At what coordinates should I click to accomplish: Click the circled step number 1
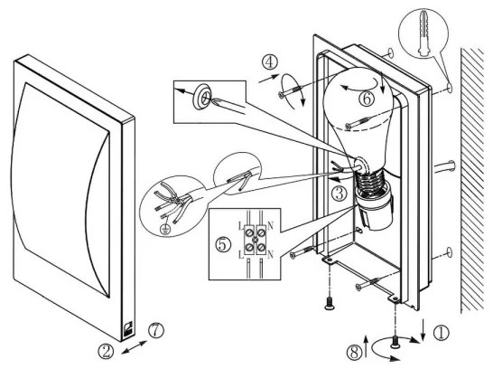click(442, 333)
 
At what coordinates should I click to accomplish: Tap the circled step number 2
click(106, 350)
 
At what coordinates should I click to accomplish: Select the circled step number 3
click(339, 194)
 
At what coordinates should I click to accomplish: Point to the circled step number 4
click(270, 62)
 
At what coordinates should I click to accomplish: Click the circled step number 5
click(223, 244)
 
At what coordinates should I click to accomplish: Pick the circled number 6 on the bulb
click(367, 99)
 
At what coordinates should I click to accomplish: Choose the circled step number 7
click(156, 331)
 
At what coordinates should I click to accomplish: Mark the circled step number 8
click(355, 352)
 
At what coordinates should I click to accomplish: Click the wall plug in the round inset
click(423, 33)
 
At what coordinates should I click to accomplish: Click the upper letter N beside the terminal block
click(270, 225)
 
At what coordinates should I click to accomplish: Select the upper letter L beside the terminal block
click(240, 226)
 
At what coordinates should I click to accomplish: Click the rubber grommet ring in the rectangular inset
click(201, 97)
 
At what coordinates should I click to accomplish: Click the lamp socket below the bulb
click(373, 210)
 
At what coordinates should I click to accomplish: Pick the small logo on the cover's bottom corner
click(128, 328)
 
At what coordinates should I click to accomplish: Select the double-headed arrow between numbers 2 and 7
click(134, 347)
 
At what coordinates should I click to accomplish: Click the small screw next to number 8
click(395, 343)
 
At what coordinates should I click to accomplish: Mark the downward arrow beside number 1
click(423, 330)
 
